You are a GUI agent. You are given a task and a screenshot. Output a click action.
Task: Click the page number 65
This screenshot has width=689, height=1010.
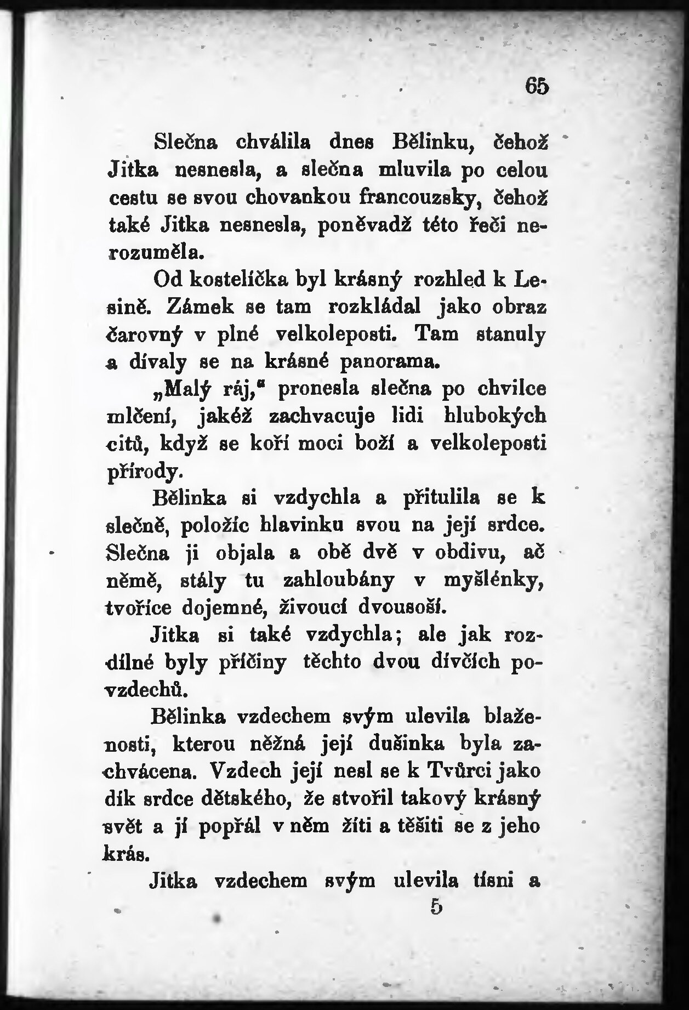pos(537,87)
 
